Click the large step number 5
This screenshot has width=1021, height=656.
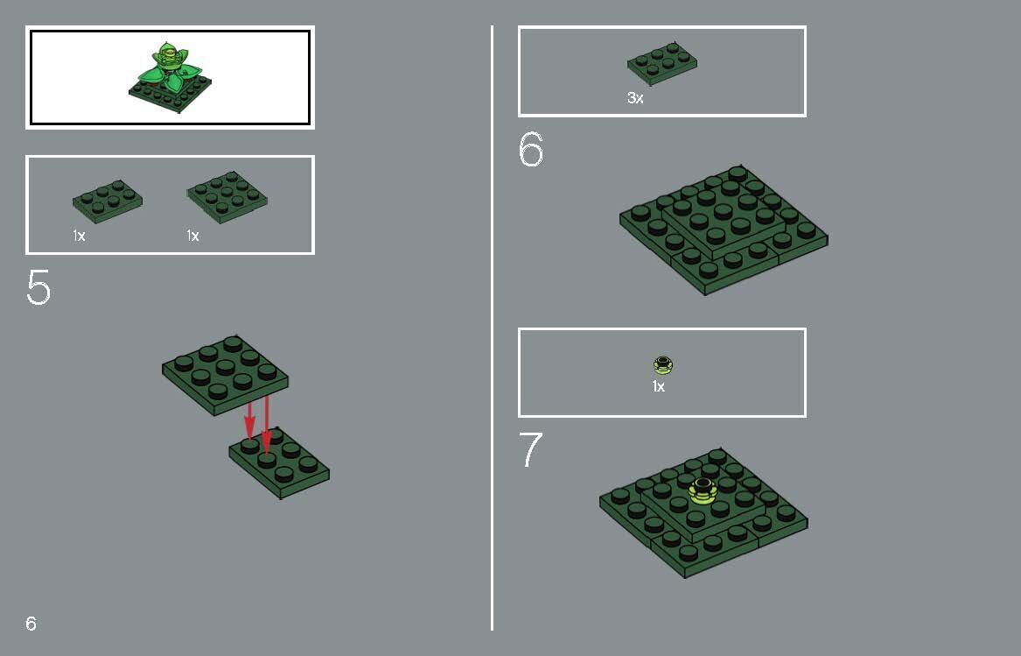(x=38, y=288)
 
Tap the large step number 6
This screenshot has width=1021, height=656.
(x=531, y=151)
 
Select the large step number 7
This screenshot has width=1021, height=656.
(x=531, y=450)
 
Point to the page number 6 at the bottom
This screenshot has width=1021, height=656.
(x=31, y=624)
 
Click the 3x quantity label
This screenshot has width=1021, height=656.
(x=635, y=99)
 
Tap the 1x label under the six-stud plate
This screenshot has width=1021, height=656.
(x=79, y=236)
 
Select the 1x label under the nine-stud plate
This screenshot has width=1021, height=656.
(x=192, y=236)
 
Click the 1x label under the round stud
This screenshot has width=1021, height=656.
(x=658, y=386)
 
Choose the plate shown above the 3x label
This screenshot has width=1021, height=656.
(x=662, y=63)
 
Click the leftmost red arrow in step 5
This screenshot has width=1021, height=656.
(x=249, y=419)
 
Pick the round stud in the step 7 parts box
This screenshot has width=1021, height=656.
(x=663, y=364)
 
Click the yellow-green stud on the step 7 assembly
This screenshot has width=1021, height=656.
(x=703, y=490)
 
